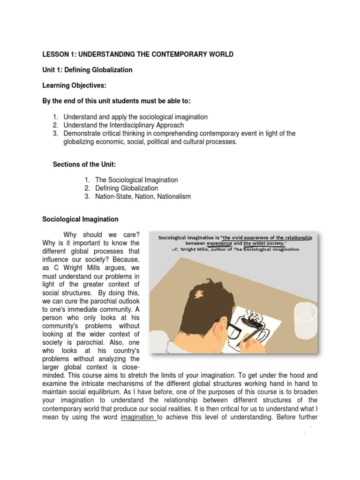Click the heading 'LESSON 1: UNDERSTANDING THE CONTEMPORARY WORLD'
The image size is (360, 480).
[138, 55]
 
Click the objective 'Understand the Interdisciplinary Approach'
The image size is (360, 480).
[124, 125]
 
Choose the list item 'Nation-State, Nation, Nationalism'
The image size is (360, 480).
[143, 196]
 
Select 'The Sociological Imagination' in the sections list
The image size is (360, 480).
[136, 180]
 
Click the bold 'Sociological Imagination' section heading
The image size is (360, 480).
[80, 219]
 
